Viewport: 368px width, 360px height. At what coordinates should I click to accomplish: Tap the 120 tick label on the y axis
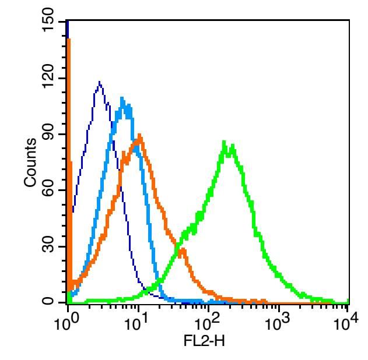click(x=48, y=78)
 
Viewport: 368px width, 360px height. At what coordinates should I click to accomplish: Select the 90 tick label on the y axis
click(x=48, y=135)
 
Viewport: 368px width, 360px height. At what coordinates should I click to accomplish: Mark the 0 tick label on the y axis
click(x=48, y=302)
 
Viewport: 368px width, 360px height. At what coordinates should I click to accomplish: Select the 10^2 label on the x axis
click(x=207, y=322)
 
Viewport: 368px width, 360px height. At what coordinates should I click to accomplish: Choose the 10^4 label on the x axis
click(x=346, y=322)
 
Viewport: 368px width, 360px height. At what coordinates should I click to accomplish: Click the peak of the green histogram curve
click(x=225, y=142)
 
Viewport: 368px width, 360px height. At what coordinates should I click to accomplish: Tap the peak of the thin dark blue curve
click(x=100, y=83)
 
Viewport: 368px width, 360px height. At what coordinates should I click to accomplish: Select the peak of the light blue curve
click(x=122, y=98)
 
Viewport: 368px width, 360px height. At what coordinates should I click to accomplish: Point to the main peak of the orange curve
click(x=140, y=136)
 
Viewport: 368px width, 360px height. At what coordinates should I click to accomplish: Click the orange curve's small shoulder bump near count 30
click(x=183, y=250)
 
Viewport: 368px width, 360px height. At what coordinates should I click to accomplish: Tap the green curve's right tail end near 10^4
click(x=348, y=302)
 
